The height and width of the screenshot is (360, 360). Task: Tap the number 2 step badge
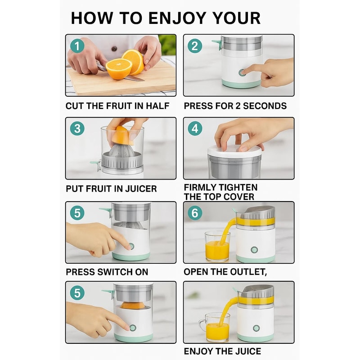click(x=195, y=46)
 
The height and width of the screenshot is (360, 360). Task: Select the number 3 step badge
click(x=77, y=128)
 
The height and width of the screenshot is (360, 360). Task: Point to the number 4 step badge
click(x=195, y=128)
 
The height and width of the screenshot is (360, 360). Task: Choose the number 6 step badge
click(x=195, y=213)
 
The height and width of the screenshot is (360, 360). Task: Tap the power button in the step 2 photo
click(x=243, y=72)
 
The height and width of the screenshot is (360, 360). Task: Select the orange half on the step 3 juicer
click(x=122, y=134)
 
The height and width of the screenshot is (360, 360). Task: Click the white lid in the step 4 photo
click(x=234, y=151)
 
